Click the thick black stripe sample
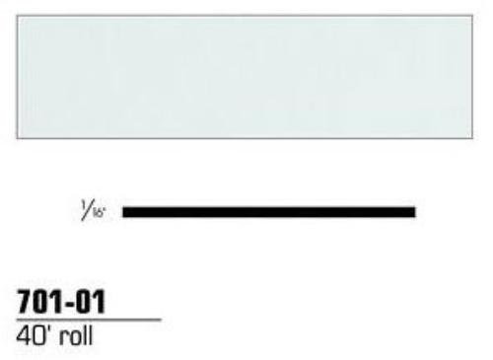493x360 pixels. pos(267,211)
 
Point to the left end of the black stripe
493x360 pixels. pos(122,211)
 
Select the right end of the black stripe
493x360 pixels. pos(414,211)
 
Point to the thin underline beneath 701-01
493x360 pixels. pos(89,320)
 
